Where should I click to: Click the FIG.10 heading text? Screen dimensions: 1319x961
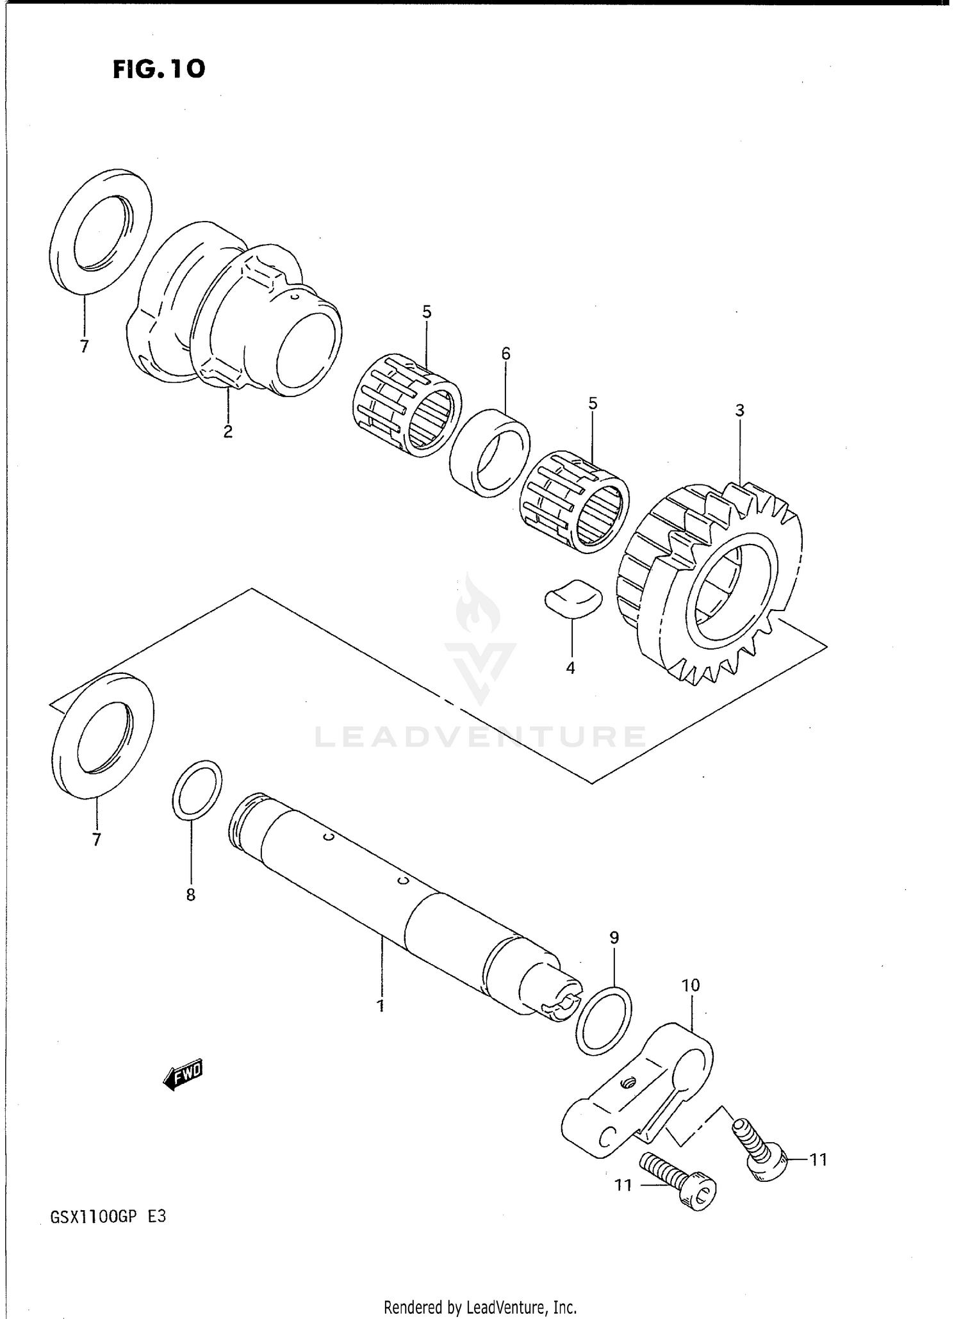(x=159, y=69)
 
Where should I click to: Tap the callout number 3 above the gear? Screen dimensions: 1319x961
(x=739, y=411)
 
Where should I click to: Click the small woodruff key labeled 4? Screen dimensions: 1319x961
(x=573, y=597)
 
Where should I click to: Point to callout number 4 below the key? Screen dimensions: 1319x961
(x=570, y=668)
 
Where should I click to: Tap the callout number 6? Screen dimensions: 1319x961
(x=505, y=353)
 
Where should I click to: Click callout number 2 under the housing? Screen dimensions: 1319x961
(x=227, y=431)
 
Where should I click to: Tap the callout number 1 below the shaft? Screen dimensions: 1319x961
(x=381, y=1006)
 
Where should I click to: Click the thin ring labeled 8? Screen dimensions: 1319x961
(x=198, y=790)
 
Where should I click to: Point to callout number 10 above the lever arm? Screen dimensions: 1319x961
(x=691, y=986)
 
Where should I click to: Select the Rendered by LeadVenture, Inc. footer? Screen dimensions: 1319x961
(x=480, y=1307)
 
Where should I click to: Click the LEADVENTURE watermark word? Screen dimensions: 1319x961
(x=480, y=737)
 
